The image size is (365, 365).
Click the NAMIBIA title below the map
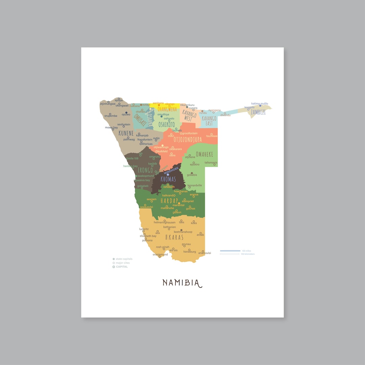182,283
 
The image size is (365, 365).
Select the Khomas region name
168,179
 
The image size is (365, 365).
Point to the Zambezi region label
258,112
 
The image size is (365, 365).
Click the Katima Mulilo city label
260,103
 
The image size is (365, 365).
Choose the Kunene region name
126,133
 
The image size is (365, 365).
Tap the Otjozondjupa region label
188,139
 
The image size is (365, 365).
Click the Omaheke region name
204,154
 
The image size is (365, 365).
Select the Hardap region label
169,201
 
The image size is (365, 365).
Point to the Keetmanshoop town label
183,232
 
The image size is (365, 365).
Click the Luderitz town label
144,229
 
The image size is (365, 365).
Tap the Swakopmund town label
145,176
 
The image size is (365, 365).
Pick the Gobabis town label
192,175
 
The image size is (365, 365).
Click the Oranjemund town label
160,254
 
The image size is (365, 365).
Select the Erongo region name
145,170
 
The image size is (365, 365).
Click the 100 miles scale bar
230,251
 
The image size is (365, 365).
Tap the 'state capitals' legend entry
124,259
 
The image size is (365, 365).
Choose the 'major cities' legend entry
122,263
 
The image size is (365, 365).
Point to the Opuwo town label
126,114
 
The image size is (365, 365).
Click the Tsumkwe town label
212,136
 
